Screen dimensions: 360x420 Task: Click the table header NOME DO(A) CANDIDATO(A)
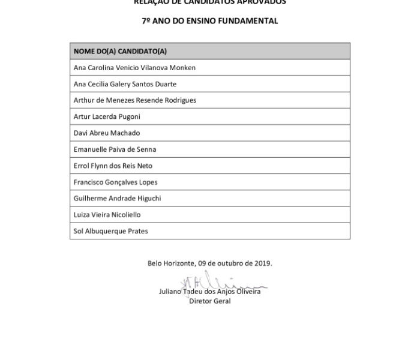pyautogui.click(x=120, y=52)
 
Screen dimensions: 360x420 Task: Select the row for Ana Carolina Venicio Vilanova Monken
pyautogui.click(x=134, y=68)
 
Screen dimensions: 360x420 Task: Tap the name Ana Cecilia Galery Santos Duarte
pyautogui.click(x=125, y=84)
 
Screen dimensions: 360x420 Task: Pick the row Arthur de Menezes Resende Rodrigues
pyautogui.click(x=134, y=100)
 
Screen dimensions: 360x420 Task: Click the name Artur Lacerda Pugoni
pyautogui.click(x=107, y=116)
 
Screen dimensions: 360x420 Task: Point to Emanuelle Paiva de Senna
pyautogui.click(x=114, y=149)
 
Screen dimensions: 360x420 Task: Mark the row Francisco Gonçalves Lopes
pyautogui.click(x=115, y=182)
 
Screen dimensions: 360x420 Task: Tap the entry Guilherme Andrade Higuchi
pyautogui.click(x=117, y=198)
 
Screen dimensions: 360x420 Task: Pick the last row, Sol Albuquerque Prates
pyautogui.click(x=110, y=231)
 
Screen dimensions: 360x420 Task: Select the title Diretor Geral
pyautogui.click(x=209, y=301)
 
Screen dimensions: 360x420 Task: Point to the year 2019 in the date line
pyautogui.click(x=262, y=263)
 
